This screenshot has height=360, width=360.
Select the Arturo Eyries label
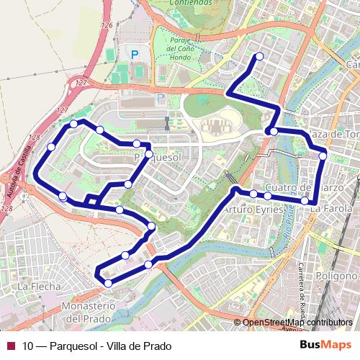point(246,210)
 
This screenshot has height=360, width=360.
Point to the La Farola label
point(328,209)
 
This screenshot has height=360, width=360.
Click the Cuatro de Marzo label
point(298,187)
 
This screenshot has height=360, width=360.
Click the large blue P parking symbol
point(135,54)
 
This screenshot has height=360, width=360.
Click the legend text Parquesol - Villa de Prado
point(97,346)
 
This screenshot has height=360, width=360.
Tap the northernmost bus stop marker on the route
point(259,56)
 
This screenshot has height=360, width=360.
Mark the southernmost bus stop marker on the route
point(108,284)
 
